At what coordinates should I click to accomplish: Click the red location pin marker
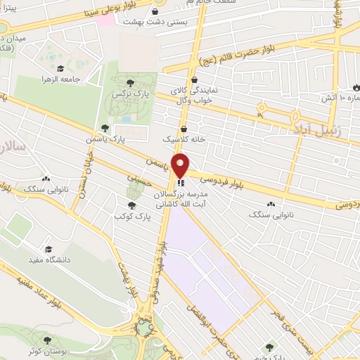pos(181,165)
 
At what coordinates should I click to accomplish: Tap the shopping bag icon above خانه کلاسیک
pos(184,129)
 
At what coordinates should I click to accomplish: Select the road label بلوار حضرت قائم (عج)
pos(229,53)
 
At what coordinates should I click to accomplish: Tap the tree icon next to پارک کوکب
pos(131,205)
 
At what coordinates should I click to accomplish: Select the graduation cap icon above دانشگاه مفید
pos(48,249)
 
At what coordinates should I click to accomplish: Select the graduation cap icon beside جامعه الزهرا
pos(60,69)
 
